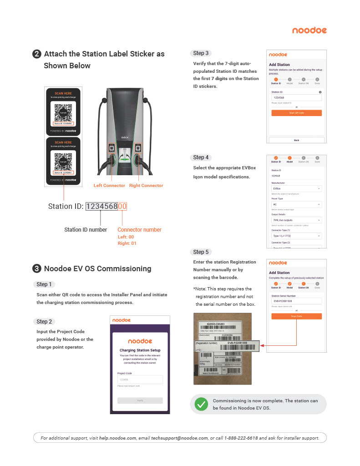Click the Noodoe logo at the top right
click(x=309, y=30)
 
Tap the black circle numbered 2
click(x=37, y=54)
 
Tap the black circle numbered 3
click(x=37, y=268)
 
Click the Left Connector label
click(x=109, y=186)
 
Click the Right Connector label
click(x=146, y=186)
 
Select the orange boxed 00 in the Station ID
click(x=122, y=207)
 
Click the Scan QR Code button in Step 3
click(x=296, y=113)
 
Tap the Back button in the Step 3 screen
click(x=296, y=140)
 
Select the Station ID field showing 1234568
click(x=296, y=97)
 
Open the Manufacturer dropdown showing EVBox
click(x=296, y=188)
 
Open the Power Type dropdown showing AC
click(x=296, y=204)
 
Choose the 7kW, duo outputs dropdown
click(x=296, y=220)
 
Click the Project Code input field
click(x=140, y=380)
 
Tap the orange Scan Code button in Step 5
click(x=296, y=316)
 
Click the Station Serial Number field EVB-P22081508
click(x=296, y=301)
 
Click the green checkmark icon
click(x=201, y=404)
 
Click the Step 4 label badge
click(x=201, y=157)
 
